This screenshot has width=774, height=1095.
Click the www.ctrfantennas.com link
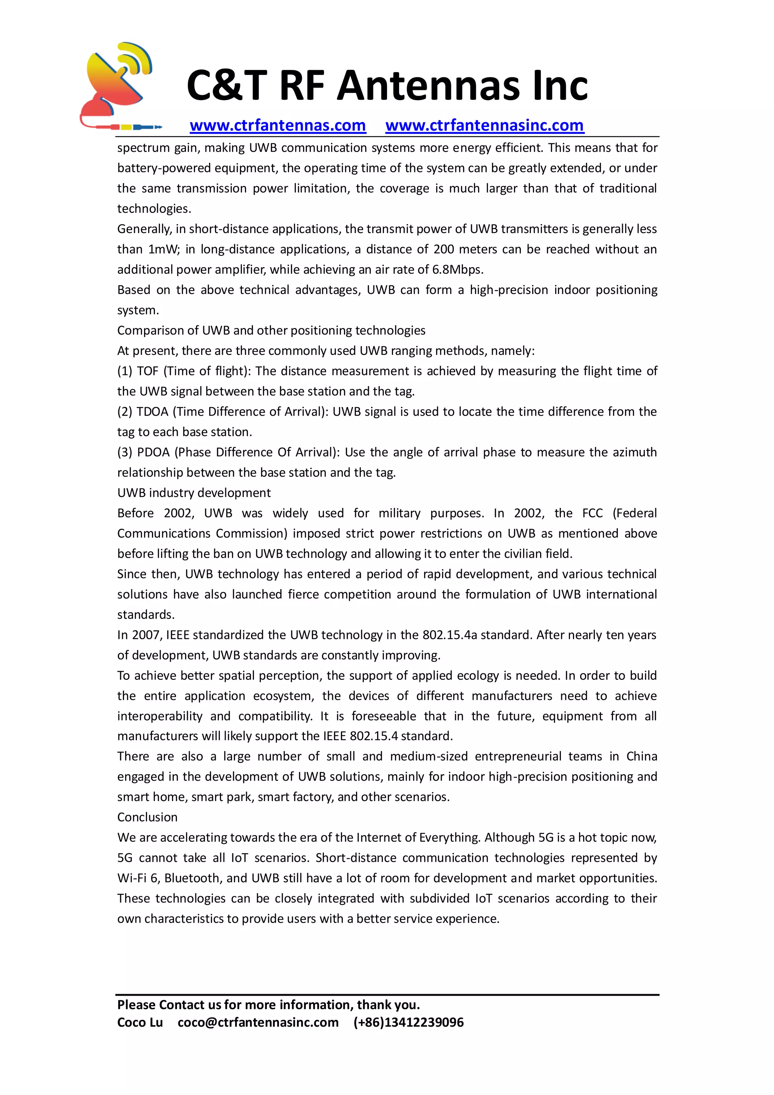pyautogui.click(x=277, y=125)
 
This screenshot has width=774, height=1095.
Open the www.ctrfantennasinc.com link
pyautogui.click(x=484, y=125)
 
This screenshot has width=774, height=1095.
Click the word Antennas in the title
pyautogui.click(x=428, y=86)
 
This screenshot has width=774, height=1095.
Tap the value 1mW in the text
pyautogui.click(x=163, y=249)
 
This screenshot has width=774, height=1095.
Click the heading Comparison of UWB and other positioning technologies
pyautogui.click(x=271, y=331)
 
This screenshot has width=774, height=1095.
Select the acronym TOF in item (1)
pyautogui.click(x=147, y=371)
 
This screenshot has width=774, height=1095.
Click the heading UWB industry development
pyautogui.click(x=193, y=493)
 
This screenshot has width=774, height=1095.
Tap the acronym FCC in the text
pyautogui.click(x=592, y=513)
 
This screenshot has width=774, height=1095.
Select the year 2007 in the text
pyautogui.click(x=146, y=635)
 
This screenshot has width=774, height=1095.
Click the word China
pyautogui.click(x=641, y=757)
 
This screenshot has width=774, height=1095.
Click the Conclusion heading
pyautogui.click(x=147, y=817)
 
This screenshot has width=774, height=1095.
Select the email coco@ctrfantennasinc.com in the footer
pyautogui.click(x=258, y=1022)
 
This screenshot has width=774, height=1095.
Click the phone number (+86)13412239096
pyautogui.click(x=408, y=1022)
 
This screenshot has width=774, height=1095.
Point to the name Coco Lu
pyautogui.click(x=140, y=1022)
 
